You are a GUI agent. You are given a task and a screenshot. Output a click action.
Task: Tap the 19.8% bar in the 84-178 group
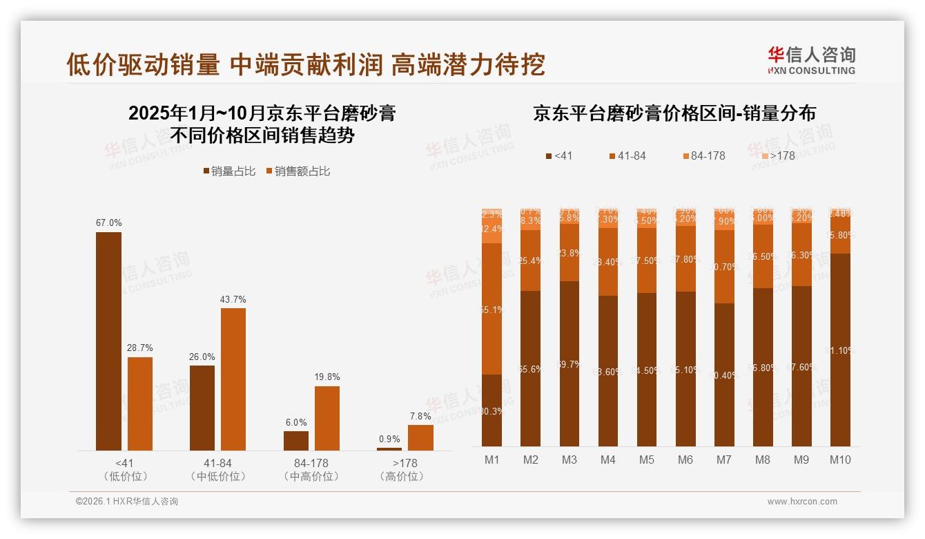327,418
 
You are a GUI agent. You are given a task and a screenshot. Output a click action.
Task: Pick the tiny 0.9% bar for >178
389,448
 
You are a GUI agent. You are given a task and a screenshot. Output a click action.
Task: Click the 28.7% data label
139,348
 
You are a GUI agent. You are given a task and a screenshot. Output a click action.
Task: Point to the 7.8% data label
420,416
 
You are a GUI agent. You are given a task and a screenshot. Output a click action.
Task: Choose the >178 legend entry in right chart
777,156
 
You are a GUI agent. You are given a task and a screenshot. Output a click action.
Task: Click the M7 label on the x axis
723,460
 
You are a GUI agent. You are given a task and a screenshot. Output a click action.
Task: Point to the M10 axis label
840,460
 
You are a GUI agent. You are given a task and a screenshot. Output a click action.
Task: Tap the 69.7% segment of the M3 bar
569,363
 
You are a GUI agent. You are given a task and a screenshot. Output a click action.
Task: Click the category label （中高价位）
311,477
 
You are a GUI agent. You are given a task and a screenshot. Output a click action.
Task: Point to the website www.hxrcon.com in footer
801,502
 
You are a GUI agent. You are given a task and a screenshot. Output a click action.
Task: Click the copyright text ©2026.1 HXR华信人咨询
126,502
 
